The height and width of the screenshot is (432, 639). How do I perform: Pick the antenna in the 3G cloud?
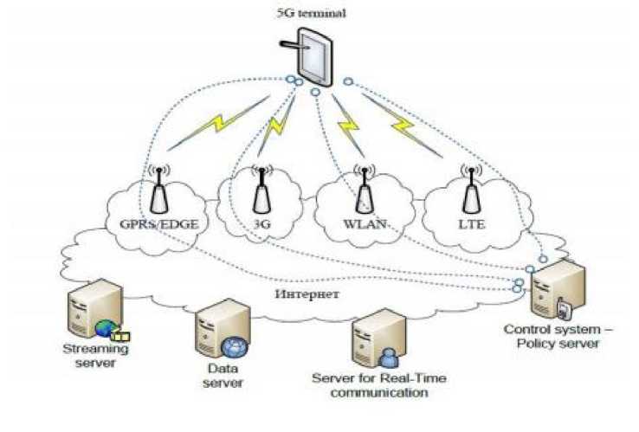(260, 192)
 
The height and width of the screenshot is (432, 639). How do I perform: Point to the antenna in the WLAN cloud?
(365, 190)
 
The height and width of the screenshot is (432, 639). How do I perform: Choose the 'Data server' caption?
(222, 376)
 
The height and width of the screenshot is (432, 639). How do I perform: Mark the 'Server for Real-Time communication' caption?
(370, 385)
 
